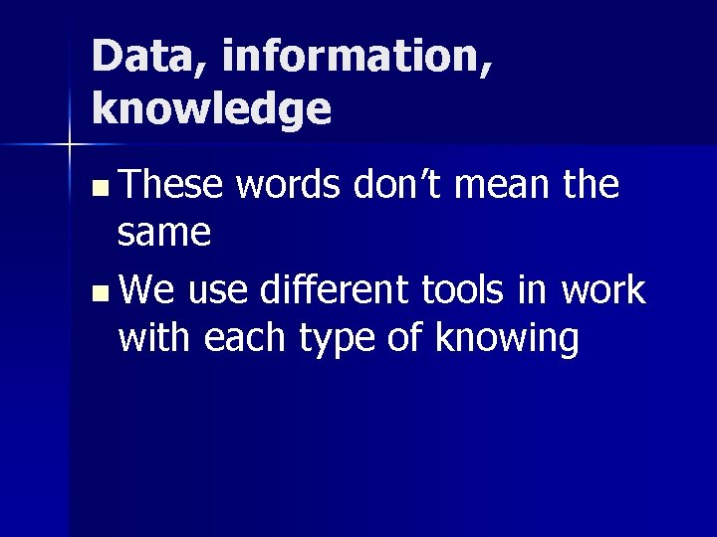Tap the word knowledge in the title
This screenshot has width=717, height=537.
[211, 108]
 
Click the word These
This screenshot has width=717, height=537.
[171, 184]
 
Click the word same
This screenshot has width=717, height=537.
[164, 233]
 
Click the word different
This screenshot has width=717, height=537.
[334, 290]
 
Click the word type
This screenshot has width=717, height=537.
[334, 340]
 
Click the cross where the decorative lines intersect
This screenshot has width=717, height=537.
[69, 145]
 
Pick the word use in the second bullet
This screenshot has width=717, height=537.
[218, 290]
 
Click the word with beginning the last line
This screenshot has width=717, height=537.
[155, 338]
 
